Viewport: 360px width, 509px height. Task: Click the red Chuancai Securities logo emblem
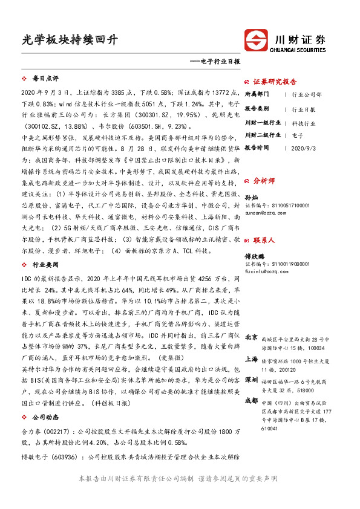257,41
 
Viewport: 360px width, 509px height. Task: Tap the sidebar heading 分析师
264,181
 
